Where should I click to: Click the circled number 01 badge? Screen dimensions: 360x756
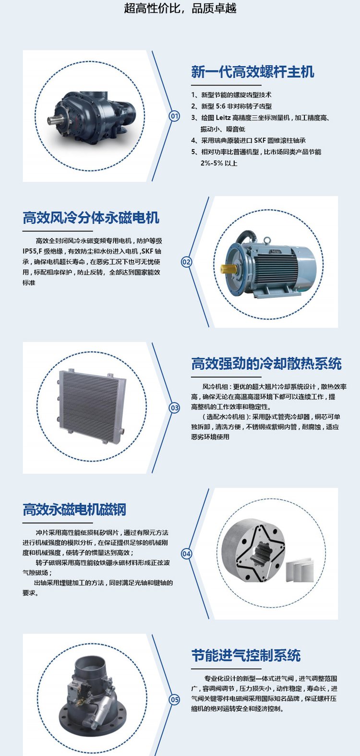tap(174, 116)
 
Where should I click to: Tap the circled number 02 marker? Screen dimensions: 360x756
tap(186, 262)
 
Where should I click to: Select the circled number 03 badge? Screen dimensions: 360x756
tap(174, 408)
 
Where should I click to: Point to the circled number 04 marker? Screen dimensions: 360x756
tap(186, 554)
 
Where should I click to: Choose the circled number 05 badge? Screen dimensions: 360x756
tap(174, 700)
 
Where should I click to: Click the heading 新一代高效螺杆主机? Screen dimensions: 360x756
tap(252, 72)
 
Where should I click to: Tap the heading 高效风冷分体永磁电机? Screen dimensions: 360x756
tap(91, 218)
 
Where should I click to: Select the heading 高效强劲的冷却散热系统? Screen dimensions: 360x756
tap(266, 364)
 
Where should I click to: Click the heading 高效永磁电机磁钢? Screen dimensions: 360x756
tap(74, 510)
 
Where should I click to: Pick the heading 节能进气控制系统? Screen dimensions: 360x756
tap(246, 656)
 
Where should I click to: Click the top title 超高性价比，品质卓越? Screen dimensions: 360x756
tap(180, 8)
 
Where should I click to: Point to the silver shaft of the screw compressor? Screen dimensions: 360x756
tap(53, 120)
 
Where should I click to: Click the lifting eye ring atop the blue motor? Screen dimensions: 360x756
tap(267, 240)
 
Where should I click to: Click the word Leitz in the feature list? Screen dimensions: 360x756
tap(223, 118)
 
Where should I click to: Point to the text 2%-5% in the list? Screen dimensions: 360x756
tap(212, 163)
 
